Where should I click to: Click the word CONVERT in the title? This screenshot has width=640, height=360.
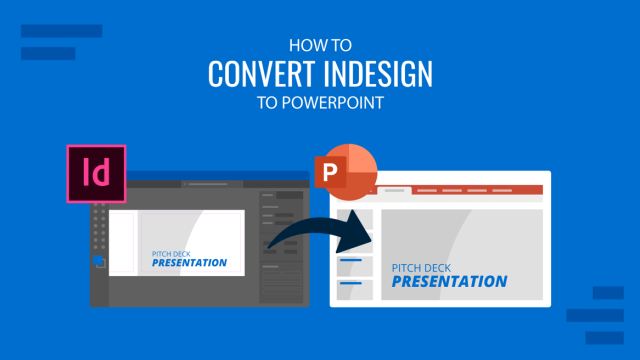[262, 75]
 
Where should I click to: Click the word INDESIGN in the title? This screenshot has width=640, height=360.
[378, 75]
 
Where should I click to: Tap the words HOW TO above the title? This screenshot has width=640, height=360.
[320, 45]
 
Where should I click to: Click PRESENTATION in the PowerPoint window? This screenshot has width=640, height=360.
[448, 281]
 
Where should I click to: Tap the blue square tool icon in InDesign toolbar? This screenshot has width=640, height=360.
[100, 262]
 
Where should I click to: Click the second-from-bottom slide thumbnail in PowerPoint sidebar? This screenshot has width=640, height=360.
[355, 266]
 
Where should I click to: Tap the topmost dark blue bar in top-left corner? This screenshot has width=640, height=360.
[61, 31]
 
